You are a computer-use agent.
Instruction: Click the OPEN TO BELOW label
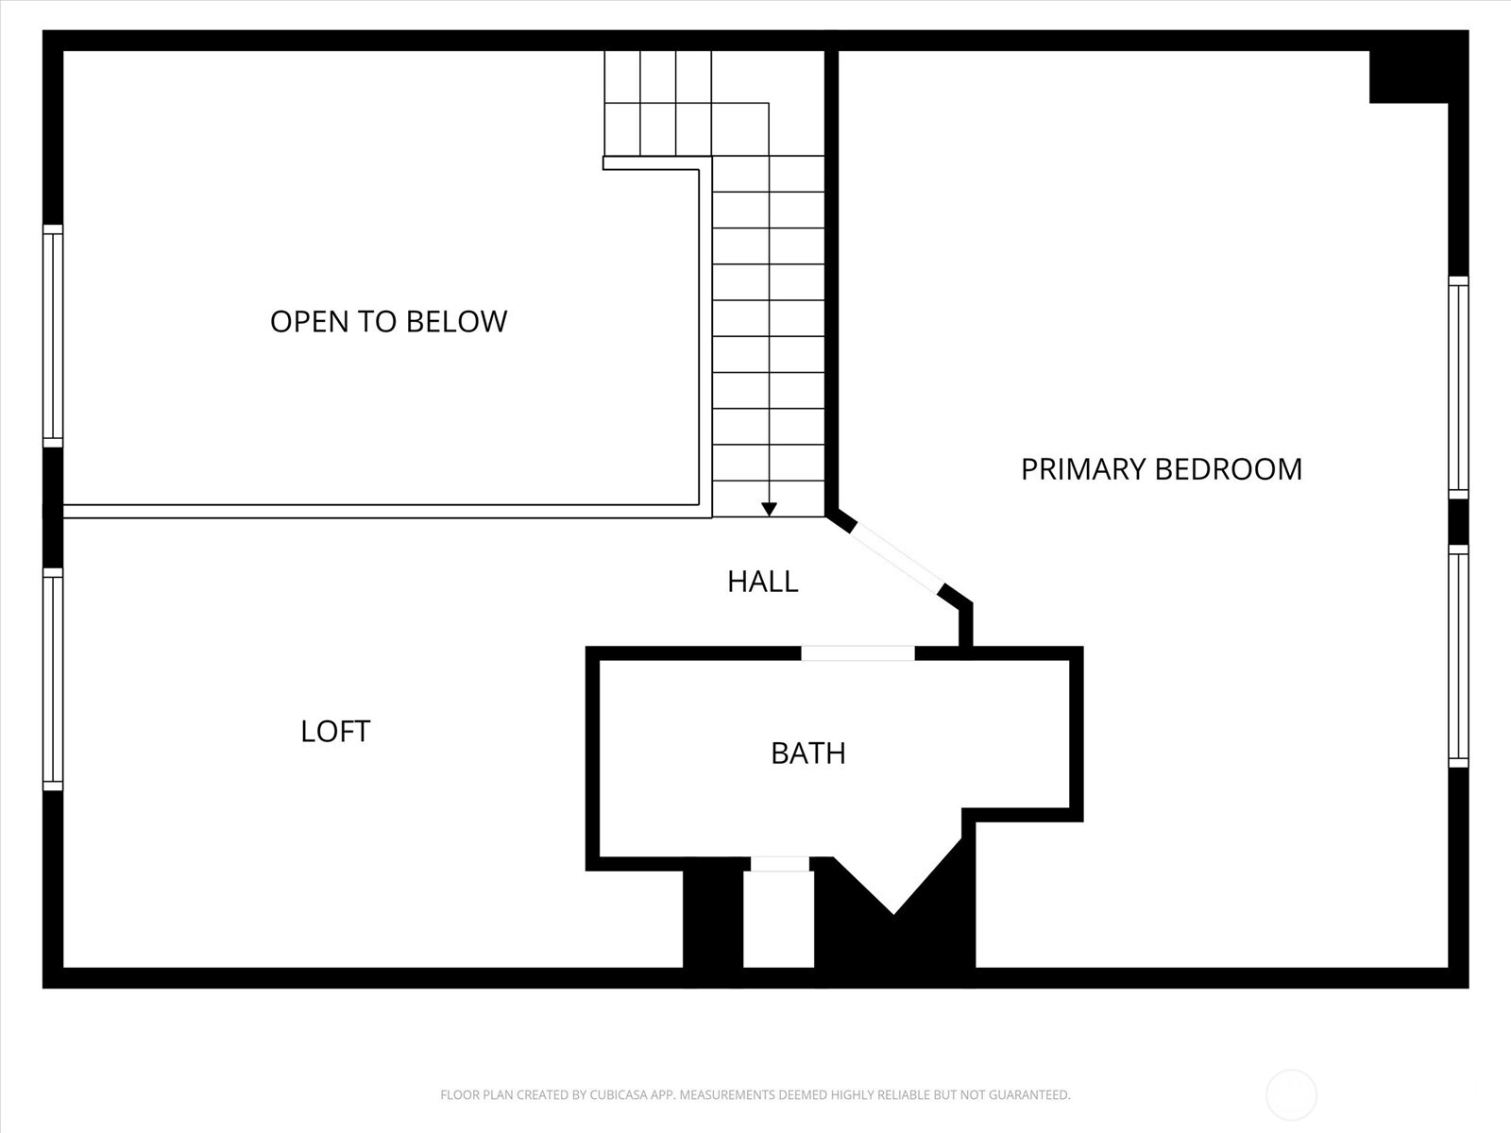click(x=388, y=322)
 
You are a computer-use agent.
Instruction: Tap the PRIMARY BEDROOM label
click(x=1161, y=469)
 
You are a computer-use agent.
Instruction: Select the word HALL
click(x=762, y=582)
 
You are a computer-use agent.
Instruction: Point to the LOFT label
click(x=335, y=732)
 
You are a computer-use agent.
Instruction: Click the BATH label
click(x=807, y=753)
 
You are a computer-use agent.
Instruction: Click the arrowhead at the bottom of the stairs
click(x=769, y=510)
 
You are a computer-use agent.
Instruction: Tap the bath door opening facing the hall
click(x=857, y=652)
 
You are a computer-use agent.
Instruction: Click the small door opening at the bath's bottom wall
click(x=779, y=863)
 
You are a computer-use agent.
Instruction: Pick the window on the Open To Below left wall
click(x=53, y=335)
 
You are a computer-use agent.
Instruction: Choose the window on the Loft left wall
click(x=53, y=679)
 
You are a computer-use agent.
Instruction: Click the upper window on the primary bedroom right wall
click(x=1458, y=387)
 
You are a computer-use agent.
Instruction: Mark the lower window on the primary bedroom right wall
click(x=1458, y=656)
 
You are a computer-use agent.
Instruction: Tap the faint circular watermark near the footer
click(x=1291, y=1095)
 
